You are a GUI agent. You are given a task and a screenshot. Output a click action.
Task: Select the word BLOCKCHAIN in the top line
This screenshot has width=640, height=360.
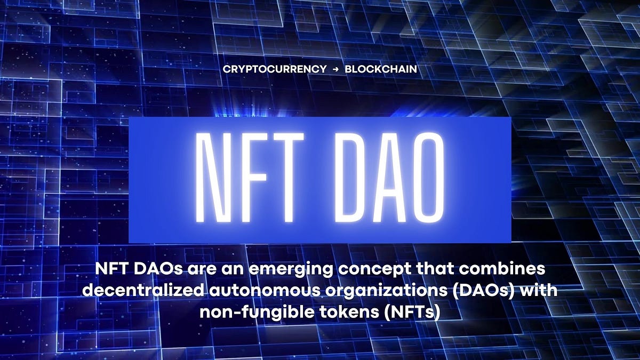[x=381, y=69]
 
